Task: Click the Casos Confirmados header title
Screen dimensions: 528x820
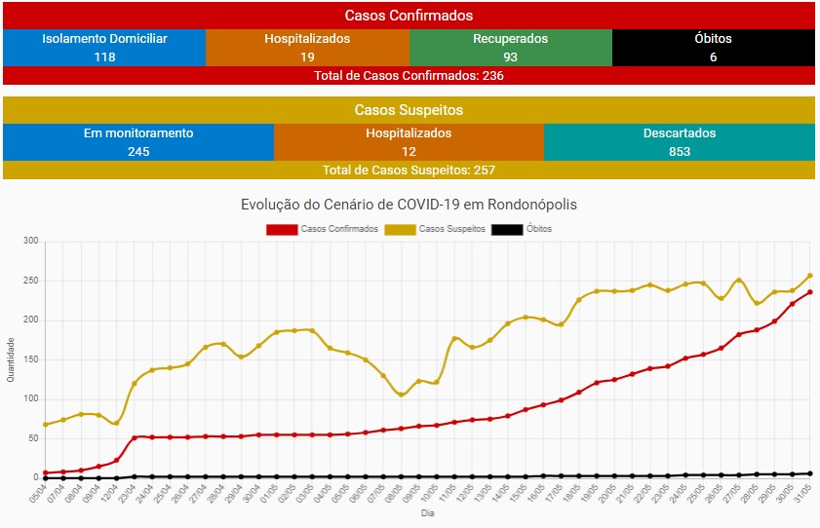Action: pyautogui.click(x=409, y=16)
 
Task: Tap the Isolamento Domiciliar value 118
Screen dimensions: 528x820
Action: pyautogui.click(x=104, y=57)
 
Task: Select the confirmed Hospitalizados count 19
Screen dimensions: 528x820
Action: pyautogui.click(x=307, y=57)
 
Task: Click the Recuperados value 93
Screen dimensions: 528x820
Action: pyautogui.click(x=510, y=57)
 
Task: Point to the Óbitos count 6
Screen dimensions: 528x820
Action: pyautogui.click(x=714, y=57)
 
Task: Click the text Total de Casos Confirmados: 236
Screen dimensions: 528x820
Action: pyautogui.click(x=409, y=75)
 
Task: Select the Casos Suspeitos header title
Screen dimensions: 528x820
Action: pyautogui.click(x=409, y=110)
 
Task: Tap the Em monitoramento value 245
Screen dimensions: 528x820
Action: pyautogui.click(x=138, y=151)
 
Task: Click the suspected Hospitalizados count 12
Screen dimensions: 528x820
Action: pyautogui.click(x=409, y=151)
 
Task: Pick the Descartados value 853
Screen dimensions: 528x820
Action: pyautogui.click(x=680, y=151)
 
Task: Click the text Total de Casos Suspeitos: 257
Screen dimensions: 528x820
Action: pyautogui.click(x=409, y=170)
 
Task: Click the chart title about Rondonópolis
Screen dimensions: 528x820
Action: pyautogui.click(x=409, y=205)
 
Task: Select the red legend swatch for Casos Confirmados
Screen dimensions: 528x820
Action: pyautogui.click(x=281, y=229)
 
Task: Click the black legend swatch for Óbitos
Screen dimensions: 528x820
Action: pyautogui.click(x=506, y=229)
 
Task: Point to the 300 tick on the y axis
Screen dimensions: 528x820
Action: pyautogui.click(x=30, y=242)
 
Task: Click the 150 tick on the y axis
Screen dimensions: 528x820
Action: pyautogui.click(x=30, y=359)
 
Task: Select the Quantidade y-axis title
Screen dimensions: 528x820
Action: pyautogui.click(x=11, y=359)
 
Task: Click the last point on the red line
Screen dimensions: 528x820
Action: pyautogui.click(x=810, y=292)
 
